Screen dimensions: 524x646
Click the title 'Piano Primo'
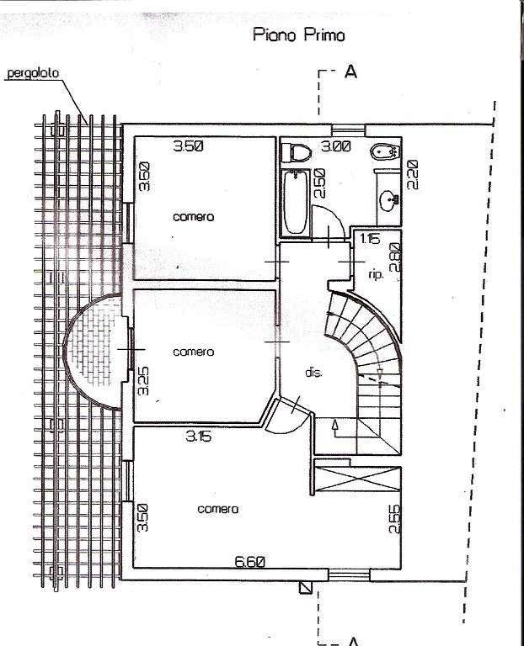[299, 34]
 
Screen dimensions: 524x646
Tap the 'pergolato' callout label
[33, 73]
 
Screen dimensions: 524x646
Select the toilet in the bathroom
[296, 153]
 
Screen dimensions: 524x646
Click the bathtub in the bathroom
[296, 203]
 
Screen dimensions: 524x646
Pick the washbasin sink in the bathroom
[388, 201]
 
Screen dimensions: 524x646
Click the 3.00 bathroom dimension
[336, 146]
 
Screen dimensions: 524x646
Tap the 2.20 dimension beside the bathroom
[413, 174]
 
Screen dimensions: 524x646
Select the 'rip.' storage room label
[376, 274]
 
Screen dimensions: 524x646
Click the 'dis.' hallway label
[313, 373]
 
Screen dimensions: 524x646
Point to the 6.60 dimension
[249, 562]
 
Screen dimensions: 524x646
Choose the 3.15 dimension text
[199, 436]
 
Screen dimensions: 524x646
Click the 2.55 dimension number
[395, 519]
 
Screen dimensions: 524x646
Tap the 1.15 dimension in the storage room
[370, 239]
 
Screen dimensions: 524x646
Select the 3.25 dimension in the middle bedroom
[143, 381]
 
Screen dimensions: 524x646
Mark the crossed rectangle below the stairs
[357, 479]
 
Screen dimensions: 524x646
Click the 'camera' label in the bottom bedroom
[218, 509]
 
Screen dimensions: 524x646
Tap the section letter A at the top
[350, 71]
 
